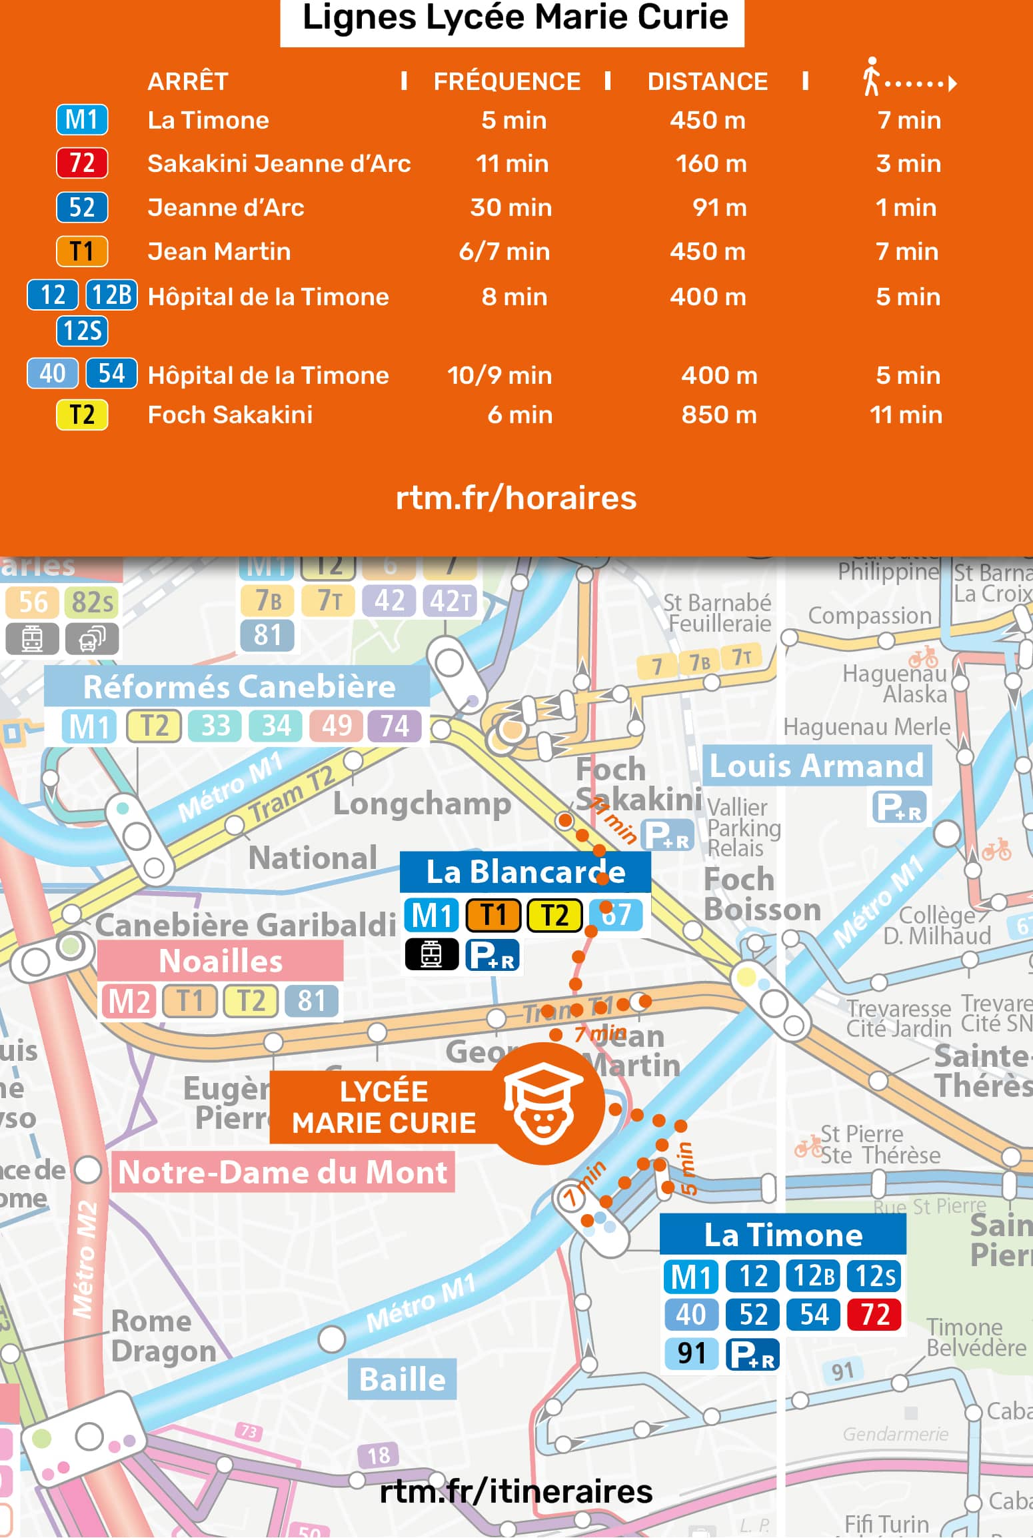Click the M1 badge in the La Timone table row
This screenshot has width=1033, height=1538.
pyautogui.click(x=82, y=120)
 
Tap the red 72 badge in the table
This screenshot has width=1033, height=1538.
pyautogui.click(x=82, y=163)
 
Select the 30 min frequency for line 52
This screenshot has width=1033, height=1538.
pyautogui.click(x=511, y=208)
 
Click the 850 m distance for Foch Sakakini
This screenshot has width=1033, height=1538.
pyautogui.click(x=719, y=415)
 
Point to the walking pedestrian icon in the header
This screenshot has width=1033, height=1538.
pyautogui.click(x=870, y=77)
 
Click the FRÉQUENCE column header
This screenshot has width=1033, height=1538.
pyautogui.click(x=507, y=81)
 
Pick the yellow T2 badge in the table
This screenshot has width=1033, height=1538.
pyautogui.click(x=82, y=415)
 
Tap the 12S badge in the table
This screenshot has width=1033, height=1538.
pyautogui.click(x=82, y=331)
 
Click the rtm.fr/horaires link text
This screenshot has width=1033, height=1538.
pyautogui.click(x=516, y=498)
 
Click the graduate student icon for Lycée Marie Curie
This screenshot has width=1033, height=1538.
pyautogui.click(x=544, y=1105)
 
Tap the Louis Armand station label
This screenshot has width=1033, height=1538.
pyautogui.click(x=817, y=766)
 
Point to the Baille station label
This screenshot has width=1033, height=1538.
pyautogui.click(x=403, y=1379)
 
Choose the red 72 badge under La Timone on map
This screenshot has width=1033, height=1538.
pyautogui.click(x=875, y=1315)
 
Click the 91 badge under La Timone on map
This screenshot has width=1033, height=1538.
pyautogui.click(x=691, y=1354)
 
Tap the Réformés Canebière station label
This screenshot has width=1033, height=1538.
pyautogui.click(x=239, y=687)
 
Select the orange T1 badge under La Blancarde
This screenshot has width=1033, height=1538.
pyautogui.click(x=493, y=915)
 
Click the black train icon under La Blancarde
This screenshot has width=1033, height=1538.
pyautogui.click(x=431, y=954)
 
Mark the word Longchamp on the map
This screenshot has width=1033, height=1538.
pyautogui.click(x=422, y=804)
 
